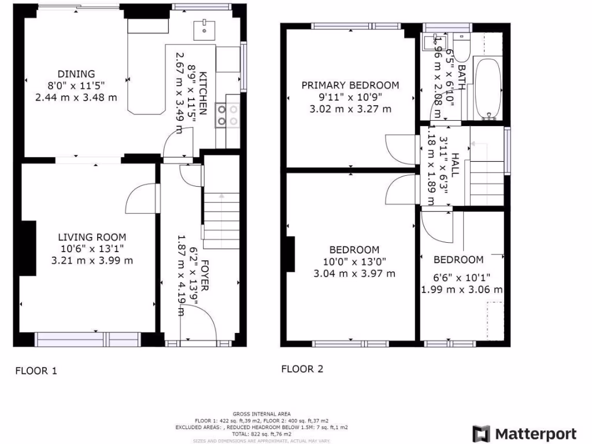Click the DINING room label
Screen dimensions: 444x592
point(76,73)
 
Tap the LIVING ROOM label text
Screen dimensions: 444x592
point(92,237)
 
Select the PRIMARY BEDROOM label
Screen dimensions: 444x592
point(350,85)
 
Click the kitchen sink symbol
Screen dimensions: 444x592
point(204,27)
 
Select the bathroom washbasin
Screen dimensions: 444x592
point(431,41)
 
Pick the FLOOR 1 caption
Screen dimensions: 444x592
point(36,371)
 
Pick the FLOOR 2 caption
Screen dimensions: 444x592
point(302,369)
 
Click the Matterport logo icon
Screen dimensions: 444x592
point(481,434)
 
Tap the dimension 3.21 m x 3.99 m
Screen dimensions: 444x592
point(92,260)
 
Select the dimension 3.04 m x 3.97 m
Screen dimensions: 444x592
point(354,273)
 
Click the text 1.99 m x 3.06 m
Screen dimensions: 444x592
point(462,289)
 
